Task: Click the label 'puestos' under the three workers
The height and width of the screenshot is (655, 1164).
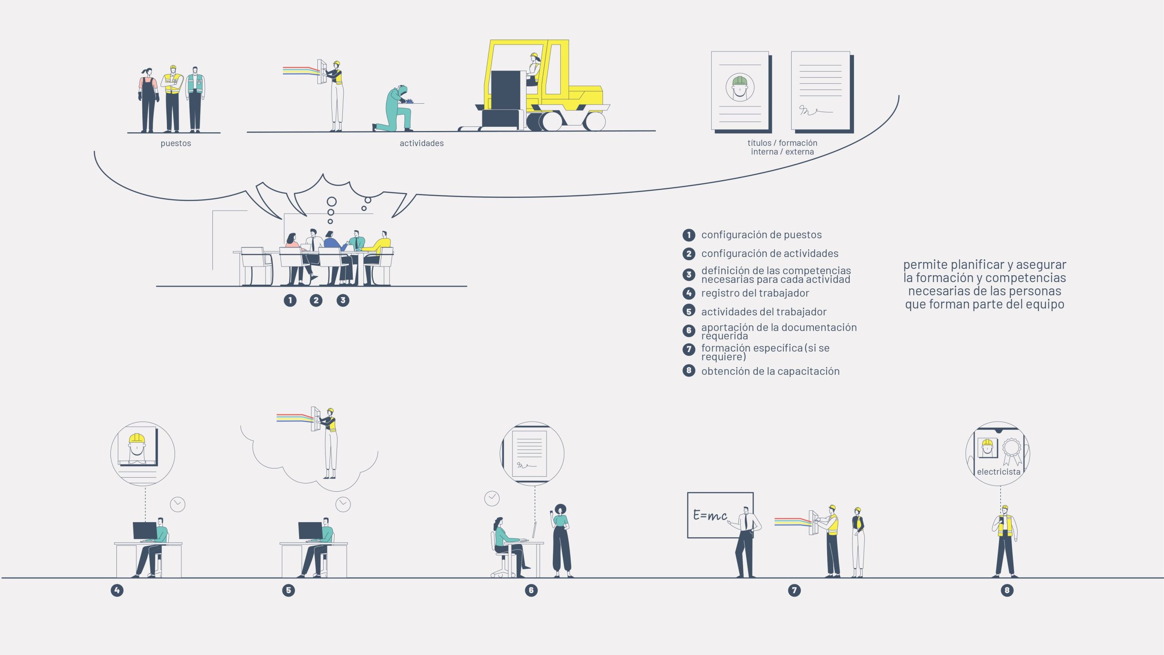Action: pos(176,143)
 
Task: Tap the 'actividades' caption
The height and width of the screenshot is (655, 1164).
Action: pos(421,143)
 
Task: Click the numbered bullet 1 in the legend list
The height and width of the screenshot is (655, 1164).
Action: pos(689,235)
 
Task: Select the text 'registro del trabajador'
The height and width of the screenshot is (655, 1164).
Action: pos(755,293)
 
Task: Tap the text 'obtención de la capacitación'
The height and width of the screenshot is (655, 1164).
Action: pos(770,371)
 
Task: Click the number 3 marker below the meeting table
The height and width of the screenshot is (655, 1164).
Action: pos(343,300)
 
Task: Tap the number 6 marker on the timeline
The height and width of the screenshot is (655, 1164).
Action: pos(531,590)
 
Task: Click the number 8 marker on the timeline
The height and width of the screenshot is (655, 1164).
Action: pos(1007,590)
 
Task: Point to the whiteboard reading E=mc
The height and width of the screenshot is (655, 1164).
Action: pos(720,515)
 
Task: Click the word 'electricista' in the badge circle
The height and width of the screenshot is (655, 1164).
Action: pos(998,472)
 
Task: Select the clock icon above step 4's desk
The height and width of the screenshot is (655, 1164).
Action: pos(177,504)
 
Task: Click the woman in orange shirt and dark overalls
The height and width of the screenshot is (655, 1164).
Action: pos(148,100)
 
